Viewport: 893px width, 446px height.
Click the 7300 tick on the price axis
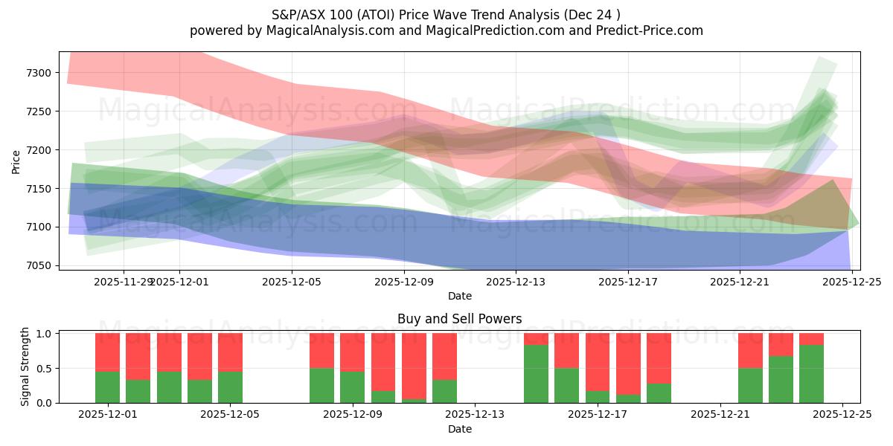tap(41, 73)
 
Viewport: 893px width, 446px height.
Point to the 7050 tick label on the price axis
tap(41, 265)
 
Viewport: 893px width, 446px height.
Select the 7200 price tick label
tap(41, 150)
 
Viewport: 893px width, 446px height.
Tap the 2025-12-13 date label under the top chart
tap(516, 282)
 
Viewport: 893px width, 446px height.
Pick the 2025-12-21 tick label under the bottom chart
tap(720, 415)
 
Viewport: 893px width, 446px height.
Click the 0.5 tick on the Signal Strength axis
tap(45, 368)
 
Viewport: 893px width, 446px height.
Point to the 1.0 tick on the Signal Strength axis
tap(45, 334)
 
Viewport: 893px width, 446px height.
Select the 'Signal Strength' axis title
tap(25, 366)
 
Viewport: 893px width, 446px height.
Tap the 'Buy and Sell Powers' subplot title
tap(459, 319)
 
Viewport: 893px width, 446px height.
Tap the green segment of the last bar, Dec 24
tap(811, 374)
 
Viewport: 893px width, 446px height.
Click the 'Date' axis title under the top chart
tap(459, 296)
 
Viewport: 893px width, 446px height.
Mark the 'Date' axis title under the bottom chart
tap(459, 429)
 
